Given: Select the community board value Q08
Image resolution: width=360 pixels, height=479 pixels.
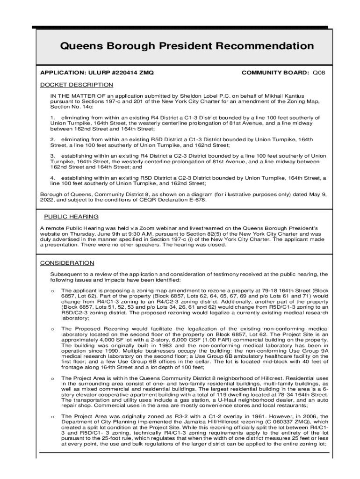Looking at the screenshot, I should tap(319, 73).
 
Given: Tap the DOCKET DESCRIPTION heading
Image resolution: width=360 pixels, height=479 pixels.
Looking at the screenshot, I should tap(77, 85).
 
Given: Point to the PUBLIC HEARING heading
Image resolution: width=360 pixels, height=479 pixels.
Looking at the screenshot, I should tap(71, 217).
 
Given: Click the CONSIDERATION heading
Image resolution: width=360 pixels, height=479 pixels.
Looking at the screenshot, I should tap(67, 263).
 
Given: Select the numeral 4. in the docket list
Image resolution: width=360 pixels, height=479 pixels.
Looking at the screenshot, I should tap(53, 178).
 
